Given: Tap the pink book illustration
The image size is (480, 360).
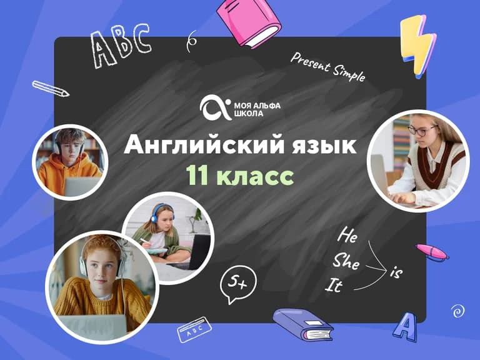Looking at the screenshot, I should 248,24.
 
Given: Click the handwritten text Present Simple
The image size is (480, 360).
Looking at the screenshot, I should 327,67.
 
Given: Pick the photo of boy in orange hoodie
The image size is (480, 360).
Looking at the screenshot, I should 71,162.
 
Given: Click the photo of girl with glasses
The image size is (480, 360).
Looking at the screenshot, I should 417,161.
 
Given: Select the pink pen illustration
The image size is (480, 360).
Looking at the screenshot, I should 432,252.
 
